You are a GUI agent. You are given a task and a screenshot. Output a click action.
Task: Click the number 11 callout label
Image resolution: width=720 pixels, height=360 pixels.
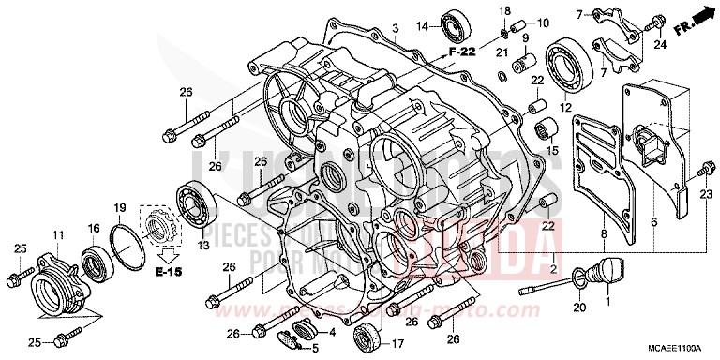point(57,233)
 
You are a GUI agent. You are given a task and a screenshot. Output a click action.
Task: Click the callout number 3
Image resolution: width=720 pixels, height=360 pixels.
point(397,29)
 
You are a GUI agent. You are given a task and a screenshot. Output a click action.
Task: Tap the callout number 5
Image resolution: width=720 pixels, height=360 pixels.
point(315,349)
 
